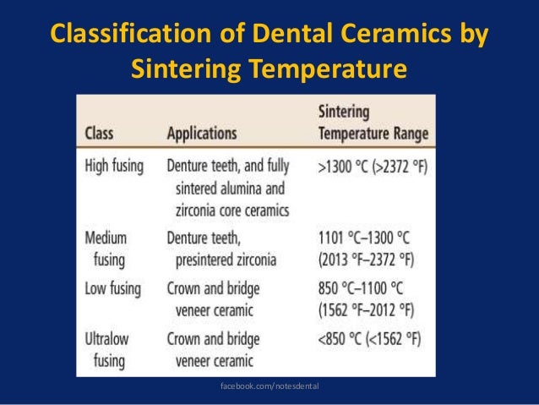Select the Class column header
99,134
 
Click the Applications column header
201,134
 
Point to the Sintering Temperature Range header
373,123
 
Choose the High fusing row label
114,166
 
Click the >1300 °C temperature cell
372,167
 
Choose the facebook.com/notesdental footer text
269,386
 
